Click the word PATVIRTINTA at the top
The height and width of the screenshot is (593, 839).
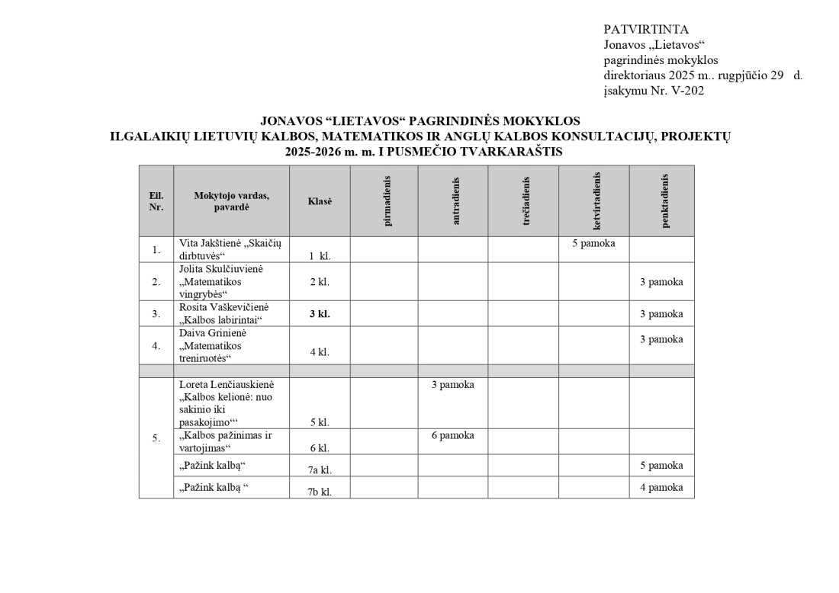coord(645,30)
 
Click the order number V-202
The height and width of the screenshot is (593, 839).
coord(686,91)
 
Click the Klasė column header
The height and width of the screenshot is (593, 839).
coord(320,201)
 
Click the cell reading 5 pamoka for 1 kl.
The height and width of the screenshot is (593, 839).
coord(593,244)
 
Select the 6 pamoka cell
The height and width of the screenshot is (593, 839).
coord(452,435)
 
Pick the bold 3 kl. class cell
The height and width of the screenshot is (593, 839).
coord(319,313)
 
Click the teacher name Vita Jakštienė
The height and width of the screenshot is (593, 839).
coord(209,243)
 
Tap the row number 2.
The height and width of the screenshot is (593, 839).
coord(156,282)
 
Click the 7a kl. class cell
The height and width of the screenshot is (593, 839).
coord(320,469)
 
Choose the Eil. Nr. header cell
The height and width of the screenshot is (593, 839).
coord(156,201)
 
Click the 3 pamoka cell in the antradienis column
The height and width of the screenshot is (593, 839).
coord(452,385)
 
